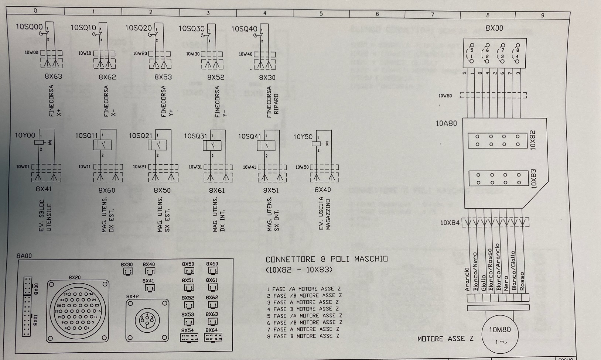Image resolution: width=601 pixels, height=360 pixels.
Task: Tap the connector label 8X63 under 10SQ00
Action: coord(53,77)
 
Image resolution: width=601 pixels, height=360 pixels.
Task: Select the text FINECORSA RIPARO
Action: coord(272,102)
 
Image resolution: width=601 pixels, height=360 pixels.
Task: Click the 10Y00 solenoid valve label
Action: coord(25,136)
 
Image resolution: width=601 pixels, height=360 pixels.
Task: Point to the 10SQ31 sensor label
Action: coord(195,136)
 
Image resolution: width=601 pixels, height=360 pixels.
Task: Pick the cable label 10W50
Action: coord(302,167)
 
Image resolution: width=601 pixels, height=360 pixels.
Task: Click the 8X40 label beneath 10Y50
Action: coord(322,190)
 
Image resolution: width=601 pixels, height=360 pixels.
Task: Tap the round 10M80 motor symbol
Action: coord(500,335)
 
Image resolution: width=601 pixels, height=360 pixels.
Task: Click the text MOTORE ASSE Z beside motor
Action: coord(445,339)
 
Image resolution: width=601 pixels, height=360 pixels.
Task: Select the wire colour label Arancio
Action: coord(467,280)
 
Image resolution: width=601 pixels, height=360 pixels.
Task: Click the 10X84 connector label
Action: coord(450,223)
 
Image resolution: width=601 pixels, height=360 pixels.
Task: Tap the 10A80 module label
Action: coord(446,124)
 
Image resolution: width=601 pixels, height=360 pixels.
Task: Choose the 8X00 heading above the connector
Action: coord(494,28)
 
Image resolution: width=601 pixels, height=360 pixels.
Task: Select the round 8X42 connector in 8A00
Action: coord(147,320)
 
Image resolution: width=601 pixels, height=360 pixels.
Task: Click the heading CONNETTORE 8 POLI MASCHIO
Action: coord(327,259)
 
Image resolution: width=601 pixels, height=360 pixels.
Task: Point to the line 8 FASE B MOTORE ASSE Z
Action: coord(303,336)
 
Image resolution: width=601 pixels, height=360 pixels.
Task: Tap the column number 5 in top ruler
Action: coord(321,14)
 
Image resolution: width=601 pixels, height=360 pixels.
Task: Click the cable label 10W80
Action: coord(445,96)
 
